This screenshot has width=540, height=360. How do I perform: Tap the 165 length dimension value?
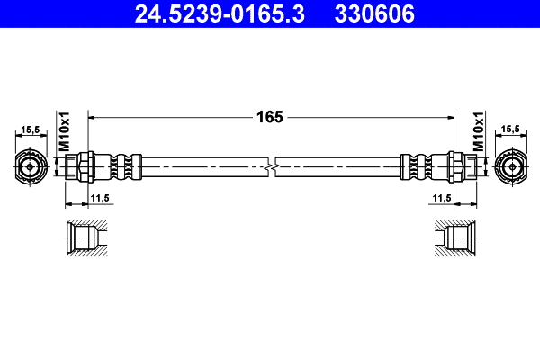pyautogui.click(x=270, y=117)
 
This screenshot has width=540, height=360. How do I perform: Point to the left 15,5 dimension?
pyautogui.click(x=31, y=130)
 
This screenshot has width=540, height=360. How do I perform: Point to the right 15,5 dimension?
pyautogui.click(x=509, y=130)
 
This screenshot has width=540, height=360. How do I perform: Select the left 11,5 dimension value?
pyautogui.click(x=99, y=197)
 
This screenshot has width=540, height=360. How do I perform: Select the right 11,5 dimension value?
pyautogui.click(x=441, y=197)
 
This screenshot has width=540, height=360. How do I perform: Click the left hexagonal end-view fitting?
pyautogui.click(x=31, y=166)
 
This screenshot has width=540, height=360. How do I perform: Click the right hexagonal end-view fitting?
pyautogui.click(x=509, y=166)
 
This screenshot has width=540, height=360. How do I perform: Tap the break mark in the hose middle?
pyautogui.click(x=271, y=166)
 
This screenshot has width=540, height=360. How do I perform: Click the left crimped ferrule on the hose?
pyautogui.click(x=127, y=166)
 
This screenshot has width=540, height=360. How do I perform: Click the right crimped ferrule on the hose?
pyautogui.click(x=414, y=166)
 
